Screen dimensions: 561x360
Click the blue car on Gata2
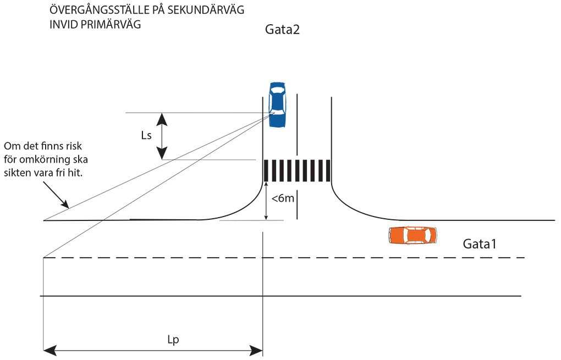tap(277, 105)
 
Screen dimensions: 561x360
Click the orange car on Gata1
tap(413, 235)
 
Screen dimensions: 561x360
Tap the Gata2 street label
tap(282, 29)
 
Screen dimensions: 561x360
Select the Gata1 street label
tap(480, 244)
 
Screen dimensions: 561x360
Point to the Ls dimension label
tap(146, 136)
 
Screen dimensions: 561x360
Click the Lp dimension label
tap(173, 340)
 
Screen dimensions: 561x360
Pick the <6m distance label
tap(283, 198)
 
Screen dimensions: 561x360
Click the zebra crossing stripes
tap(297, 171)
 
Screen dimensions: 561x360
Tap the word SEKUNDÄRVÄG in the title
tap(206, 10)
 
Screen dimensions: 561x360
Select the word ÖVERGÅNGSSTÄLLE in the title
tap(99, 9)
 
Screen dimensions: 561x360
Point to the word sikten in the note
tap(15, 173)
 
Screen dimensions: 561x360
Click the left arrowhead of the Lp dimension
tap(50, 350)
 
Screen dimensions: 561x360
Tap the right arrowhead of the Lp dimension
tap(256, 350)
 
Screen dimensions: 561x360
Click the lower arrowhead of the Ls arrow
tap(162, 153)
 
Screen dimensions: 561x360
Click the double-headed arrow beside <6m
tap(266, 201)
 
